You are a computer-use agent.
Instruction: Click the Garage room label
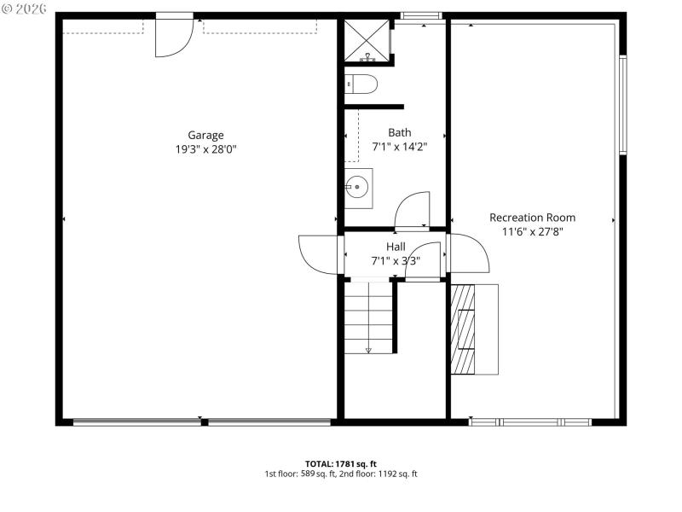[x=205, y=135]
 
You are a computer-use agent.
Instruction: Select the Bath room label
[x=399, y=132]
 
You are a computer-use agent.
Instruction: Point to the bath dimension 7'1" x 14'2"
[x=399, y=146]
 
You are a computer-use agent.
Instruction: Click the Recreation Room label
[x=532, y=218]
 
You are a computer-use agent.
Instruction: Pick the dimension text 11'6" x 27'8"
[x=532, y=231]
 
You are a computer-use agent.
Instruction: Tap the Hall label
[x=395, y=247]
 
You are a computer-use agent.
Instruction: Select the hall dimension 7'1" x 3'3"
[x=395, y=261]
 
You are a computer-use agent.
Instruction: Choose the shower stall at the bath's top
[x=367, y=40]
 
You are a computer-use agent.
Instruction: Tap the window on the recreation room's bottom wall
[x=530, y=422]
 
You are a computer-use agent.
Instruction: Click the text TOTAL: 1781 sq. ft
[x=341, y=463]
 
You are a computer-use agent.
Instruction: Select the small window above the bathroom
[x=421, y=15]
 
